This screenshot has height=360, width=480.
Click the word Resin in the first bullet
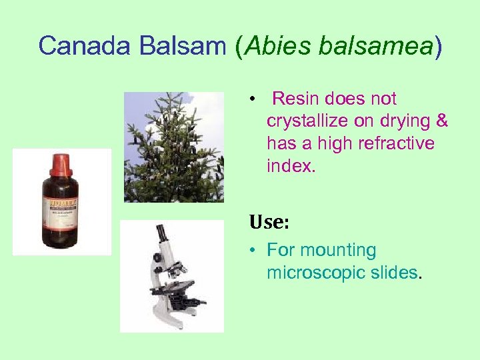[x=297, y=99]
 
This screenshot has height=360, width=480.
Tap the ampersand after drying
[x=441, y=121]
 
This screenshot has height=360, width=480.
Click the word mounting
[x=338, y=251]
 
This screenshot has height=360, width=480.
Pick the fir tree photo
[x=174, y=147]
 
